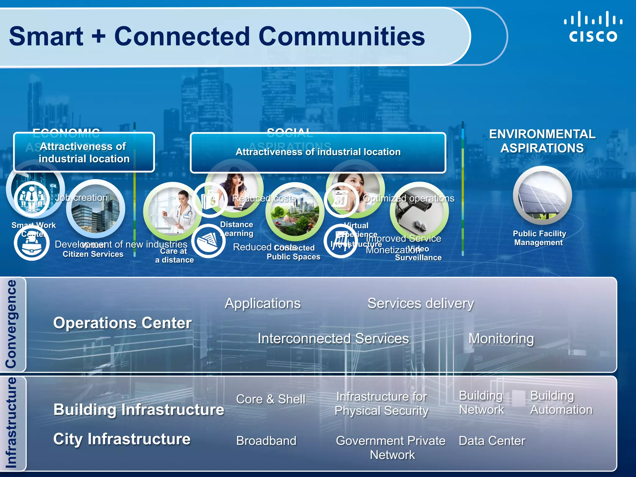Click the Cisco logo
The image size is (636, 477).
593,27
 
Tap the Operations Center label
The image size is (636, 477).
122,323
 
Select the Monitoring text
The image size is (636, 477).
501,338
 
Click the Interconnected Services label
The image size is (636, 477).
333,338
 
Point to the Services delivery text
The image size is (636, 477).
420,303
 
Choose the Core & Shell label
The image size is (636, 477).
270,399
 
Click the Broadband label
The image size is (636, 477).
266,441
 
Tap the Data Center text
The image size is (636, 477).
492,441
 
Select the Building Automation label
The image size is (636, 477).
561,403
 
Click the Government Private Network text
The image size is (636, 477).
391,448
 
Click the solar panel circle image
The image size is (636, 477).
542,196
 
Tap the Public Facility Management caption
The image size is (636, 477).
539,238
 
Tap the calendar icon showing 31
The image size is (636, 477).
341,200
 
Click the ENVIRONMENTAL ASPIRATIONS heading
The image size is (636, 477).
542,141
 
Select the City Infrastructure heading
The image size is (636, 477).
122,439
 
